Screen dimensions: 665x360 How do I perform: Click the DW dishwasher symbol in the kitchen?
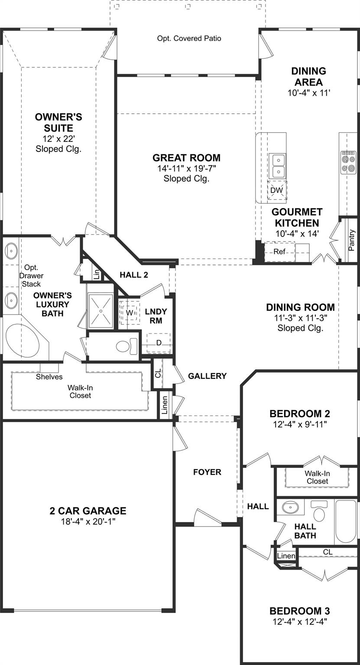click(x=276, y=190)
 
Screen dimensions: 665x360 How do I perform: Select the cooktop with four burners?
click(x=348, y=162)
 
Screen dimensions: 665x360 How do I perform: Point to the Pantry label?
click(x=351, y=240)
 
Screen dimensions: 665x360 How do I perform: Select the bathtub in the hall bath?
click(x=346, y=521)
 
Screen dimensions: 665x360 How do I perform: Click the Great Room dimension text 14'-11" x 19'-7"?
click(x=186, y=168)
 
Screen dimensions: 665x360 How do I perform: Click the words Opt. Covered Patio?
click(x=189, y=39)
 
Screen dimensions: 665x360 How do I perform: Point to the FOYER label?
click(x=207, y=472)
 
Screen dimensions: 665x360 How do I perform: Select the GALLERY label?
click(x=207, y=376)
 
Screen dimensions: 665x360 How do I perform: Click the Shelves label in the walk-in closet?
click(x=49, y=377)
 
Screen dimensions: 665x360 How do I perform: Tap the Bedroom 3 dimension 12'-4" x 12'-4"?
click(x=299, y=622)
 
